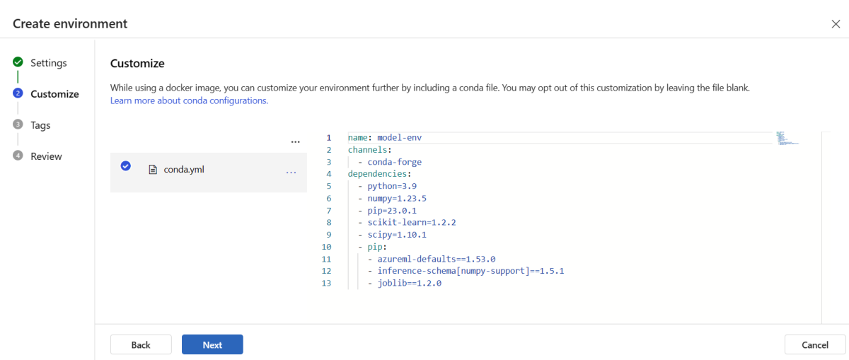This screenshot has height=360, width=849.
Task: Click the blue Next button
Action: click(x=212, y=344)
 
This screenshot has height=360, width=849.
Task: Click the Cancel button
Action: click(x=815, y=344)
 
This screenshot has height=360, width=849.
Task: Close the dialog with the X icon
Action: click(x=836, y=24)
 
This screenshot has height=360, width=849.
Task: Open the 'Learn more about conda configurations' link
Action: click(x=189, y=100)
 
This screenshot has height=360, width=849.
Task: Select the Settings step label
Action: click(x=49, y=62)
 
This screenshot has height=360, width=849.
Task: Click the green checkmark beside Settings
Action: click(x=18, y=62)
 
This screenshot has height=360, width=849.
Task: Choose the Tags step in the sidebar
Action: click(x=40, y=125)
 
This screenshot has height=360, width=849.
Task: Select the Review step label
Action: click(x=46, y=156)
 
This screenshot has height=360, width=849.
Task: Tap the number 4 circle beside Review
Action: click(x=18, y=156)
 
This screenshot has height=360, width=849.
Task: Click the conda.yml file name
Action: click(x=184, y=169)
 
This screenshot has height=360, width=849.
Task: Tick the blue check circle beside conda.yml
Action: click(x=126, y=166)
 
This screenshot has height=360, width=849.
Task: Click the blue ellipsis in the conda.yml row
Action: click(x=291, y=173)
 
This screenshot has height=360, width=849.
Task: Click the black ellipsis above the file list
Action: click(x=295, y=142)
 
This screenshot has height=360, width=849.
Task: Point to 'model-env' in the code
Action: click(x=400, y=137)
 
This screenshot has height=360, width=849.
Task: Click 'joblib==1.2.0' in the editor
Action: click(x=410, y=283)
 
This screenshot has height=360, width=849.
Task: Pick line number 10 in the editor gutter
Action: click(x=326, y=247)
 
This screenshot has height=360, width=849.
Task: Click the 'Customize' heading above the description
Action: click(x=137, y=63)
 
